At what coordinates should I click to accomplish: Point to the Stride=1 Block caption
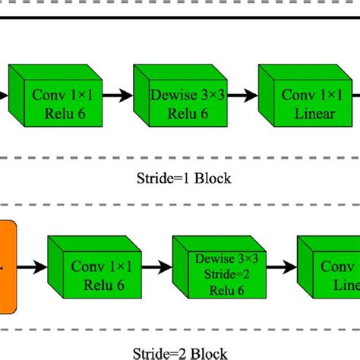click(x=180, y=179)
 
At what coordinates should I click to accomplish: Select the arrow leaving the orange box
click(x=32, y=267)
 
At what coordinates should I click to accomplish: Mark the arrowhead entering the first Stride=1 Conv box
click(x=5, y=96)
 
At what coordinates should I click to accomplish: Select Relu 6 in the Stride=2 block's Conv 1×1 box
click(x=96, y=282)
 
